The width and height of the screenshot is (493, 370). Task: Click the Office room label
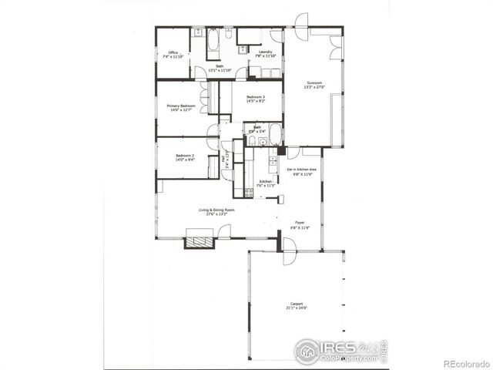(173, 52)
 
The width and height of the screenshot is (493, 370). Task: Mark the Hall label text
(223, 160)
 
